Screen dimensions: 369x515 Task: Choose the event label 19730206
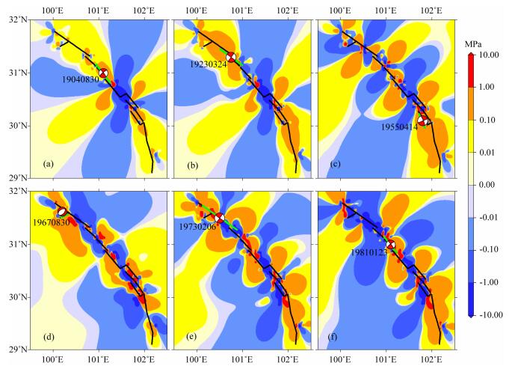[197, 226]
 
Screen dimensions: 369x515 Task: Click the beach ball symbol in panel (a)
[103, 73]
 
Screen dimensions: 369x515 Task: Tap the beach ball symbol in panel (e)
[220, 218]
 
